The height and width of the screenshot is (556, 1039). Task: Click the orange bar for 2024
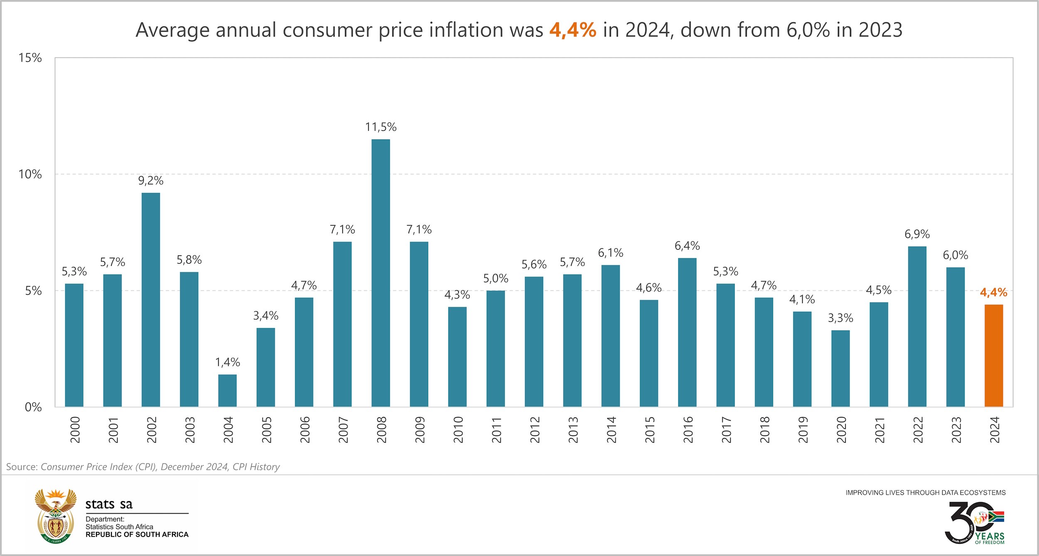(x=994, y=355)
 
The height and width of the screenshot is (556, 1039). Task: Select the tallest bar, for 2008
(x=381, y=273)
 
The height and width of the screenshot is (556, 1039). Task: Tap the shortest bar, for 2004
(x=227, y=390)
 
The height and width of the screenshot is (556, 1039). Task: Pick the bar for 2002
(x=151, y=299)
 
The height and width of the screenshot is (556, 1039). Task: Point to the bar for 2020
(x=840, y=368)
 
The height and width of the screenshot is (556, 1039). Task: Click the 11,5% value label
(x=381, y=127)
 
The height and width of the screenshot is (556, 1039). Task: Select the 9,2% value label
(x=151, y=181)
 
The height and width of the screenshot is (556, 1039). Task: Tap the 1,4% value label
(x=227, y=363)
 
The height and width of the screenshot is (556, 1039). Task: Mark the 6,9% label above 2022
(x=917, y=234)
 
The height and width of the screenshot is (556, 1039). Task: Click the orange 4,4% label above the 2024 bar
(x=993, y=293)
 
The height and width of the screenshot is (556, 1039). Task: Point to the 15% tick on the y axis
(x=30, y=58)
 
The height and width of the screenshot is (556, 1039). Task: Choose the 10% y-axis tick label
(x=30, y=174)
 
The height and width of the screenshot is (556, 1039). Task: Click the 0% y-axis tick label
(x=33, y=407)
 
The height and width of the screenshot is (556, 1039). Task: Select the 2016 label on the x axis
(x=688, y=430)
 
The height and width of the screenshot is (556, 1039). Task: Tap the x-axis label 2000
(x=75, y=430)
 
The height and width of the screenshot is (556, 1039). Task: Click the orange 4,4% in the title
(x=573, y=30)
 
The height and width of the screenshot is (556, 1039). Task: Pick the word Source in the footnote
(x=22, y=467)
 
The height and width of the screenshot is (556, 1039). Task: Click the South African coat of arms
(x=56, y=516)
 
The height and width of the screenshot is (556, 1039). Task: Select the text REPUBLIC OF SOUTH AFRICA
(x=137, y=534)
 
